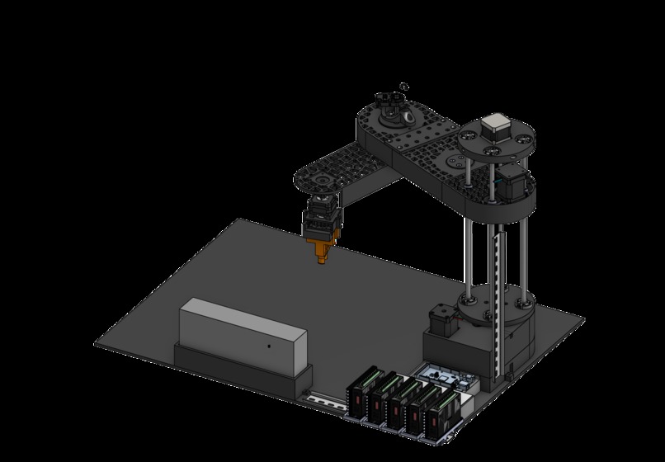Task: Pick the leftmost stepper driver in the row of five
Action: pyautogui.click(x=362, y=392)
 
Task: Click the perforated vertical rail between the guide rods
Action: pyautogui.click(x=497, y=280)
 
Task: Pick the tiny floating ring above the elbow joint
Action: pyautogui.click(x=403, y=85)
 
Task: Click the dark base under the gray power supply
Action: pyautogui.click(x=239, y=369)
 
